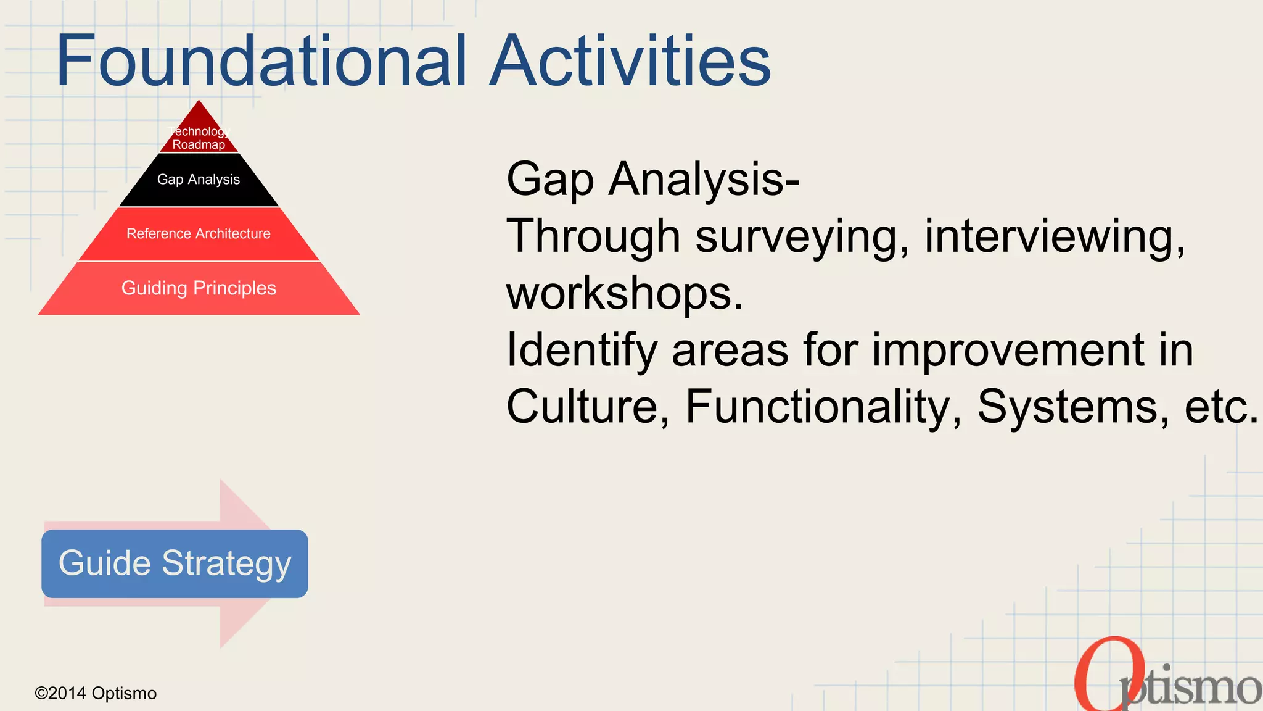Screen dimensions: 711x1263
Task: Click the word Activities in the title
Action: [630, 60]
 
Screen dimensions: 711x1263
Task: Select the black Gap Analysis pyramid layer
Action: [199, 180]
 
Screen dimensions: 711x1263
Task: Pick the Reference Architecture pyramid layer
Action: [199, 234]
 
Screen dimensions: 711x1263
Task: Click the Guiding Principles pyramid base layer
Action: [199, 288]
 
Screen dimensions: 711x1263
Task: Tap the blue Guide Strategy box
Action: [175, 563]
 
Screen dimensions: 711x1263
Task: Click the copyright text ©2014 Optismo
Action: [96, 693]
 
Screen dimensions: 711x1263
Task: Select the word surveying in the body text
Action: [802, 236]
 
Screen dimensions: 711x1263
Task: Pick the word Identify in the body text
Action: [582, 350]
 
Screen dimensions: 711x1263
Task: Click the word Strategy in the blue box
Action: [226, 563]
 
